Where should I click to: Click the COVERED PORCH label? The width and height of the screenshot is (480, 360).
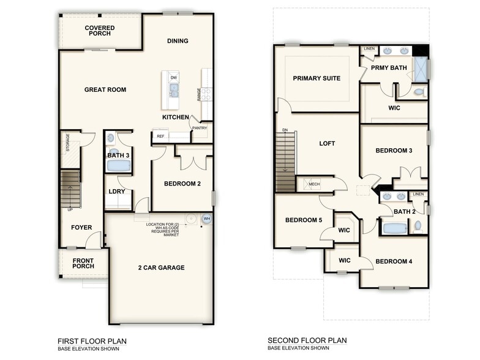[x=99, y=31]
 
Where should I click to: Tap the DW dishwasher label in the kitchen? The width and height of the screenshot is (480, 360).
[x=174, y=78]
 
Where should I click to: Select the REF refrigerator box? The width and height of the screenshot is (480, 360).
[x=160, y=137]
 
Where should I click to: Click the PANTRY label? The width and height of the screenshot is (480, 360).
[x=200, y=128]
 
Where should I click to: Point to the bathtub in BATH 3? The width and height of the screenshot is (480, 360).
[x=114, y=166]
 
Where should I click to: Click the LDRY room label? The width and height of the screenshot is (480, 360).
[x=117, y=192]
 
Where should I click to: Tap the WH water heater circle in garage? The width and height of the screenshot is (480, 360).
[x=206, y=219]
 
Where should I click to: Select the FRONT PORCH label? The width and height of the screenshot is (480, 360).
[x=83, y=263]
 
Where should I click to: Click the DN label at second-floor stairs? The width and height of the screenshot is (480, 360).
[x=285, y=130]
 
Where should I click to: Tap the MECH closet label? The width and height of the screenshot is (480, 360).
[x=314, y=184]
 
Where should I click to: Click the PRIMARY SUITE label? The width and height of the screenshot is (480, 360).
[x=317, y=78]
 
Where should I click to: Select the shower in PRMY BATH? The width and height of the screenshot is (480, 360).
[x=420, y=69]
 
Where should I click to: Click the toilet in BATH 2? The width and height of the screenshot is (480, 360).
[x=418, y=227]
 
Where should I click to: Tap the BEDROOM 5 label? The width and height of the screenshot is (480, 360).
[x=304, y=220]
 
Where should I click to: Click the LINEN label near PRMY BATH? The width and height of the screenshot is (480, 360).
[x=369, y=49]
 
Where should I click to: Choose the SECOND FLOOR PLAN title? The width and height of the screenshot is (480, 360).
[x=307, y=340]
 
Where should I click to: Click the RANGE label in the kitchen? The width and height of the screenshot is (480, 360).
[x=198, y=94]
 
